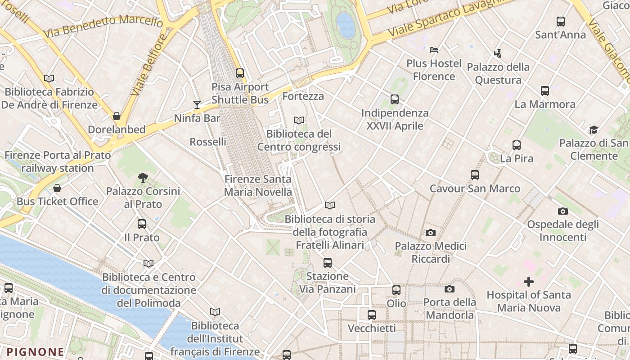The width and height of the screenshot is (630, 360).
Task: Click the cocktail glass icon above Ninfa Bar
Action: click(197, 105)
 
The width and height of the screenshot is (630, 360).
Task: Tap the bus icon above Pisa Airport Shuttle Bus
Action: click(240, 73)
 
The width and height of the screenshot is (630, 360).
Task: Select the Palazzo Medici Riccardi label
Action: click(430, 252)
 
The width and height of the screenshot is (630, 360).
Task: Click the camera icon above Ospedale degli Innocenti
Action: click(562, 211)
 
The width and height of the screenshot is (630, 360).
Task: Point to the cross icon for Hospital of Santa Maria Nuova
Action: click(529, 282)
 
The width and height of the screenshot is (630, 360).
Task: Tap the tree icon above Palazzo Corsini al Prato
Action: click(143, 178)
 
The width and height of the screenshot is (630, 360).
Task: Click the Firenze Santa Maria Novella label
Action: click(258, 185)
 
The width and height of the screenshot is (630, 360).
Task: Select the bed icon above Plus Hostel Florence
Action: click(434, 50)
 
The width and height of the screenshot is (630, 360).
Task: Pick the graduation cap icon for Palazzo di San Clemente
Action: click(594, 130)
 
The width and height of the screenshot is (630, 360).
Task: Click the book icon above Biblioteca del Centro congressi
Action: click(299, 120)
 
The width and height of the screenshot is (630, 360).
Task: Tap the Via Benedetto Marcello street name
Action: click(103, 26)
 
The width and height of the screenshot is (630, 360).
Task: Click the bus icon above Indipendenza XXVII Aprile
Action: click(395, 99)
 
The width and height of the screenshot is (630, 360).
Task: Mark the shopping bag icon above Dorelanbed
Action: click(117, 117)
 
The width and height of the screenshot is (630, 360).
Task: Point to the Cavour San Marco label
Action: click(475, 188)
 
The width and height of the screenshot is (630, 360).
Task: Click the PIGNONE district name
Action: click(35, 351)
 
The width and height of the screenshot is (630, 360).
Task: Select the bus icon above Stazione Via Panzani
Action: click(328, 263)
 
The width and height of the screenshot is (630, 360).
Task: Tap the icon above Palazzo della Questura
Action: click(498, 54)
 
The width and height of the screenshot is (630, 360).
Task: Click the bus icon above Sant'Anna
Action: click(560, 22)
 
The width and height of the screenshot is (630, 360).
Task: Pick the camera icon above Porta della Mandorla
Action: click(449, 289)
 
